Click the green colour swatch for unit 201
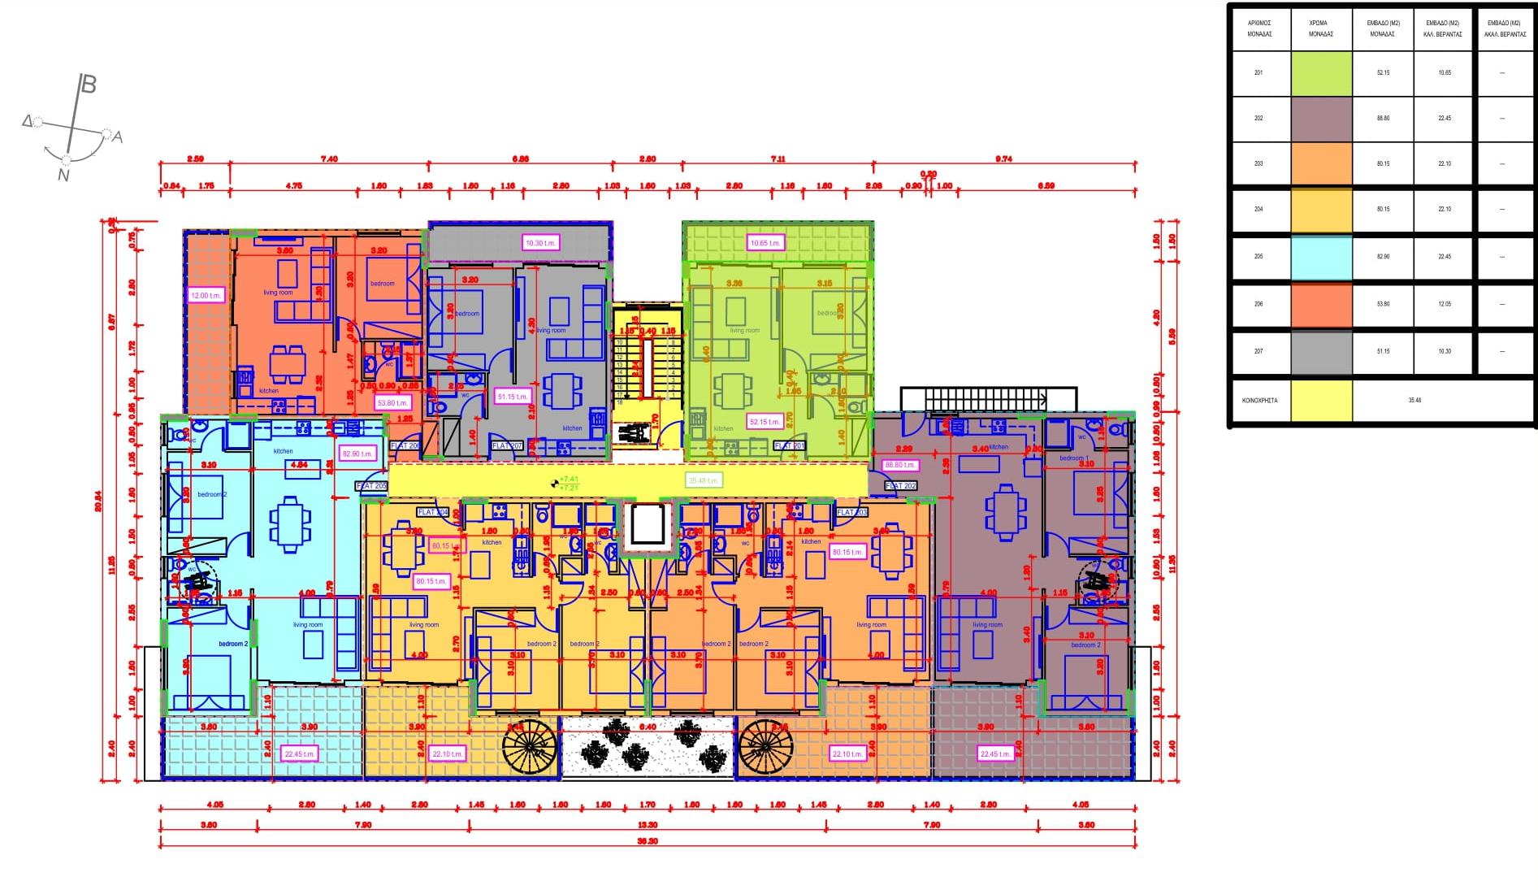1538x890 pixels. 1321,74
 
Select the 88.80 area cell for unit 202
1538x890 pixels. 1383,119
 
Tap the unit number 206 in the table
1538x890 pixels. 1259,304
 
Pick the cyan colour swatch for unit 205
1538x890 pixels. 1321,258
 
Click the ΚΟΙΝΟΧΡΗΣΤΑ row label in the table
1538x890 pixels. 1259,400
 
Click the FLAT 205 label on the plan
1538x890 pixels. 372,486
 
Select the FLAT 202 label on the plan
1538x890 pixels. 900,486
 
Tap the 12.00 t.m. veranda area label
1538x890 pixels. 206,295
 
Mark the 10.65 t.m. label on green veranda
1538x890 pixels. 765,242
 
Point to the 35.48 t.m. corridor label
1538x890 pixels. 704,480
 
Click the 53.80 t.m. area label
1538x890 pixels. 392,402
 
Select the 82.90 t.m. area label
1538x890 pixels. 357,454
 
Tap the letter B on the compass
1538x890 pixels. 89,85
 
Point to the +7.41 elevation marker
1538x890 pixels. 568,480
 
